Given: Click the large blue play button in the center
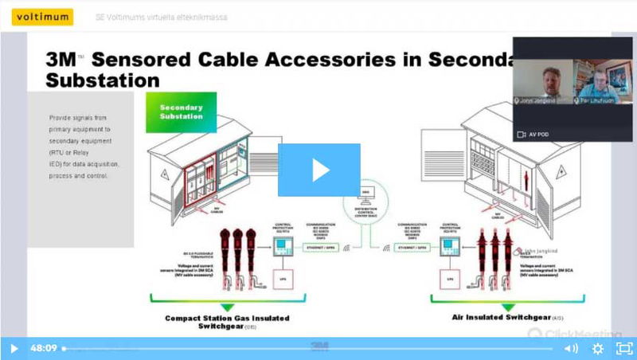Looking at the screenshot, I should tap(318, 170).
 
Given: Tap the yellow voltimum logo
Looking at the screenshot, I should tap(38, 17).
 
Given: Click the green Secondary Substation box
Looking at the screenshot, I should tap(181, 112).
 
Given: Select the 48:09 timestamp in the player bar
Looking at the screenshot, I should tap(43, 348).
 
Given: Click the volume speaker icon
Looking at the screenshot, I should tap(571, 348).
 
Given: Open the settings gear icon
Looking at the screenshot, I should tap(597, 348).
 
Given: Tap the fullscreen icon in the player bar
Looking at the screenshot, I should tap(623, 348).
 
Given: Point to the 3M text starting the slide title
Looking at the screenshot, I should tap(62, 58).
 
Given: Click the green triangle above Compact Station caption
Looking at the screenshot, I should tap(228, 306).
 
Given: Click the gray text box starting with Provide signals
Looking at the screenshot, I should tap(80, 147).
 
